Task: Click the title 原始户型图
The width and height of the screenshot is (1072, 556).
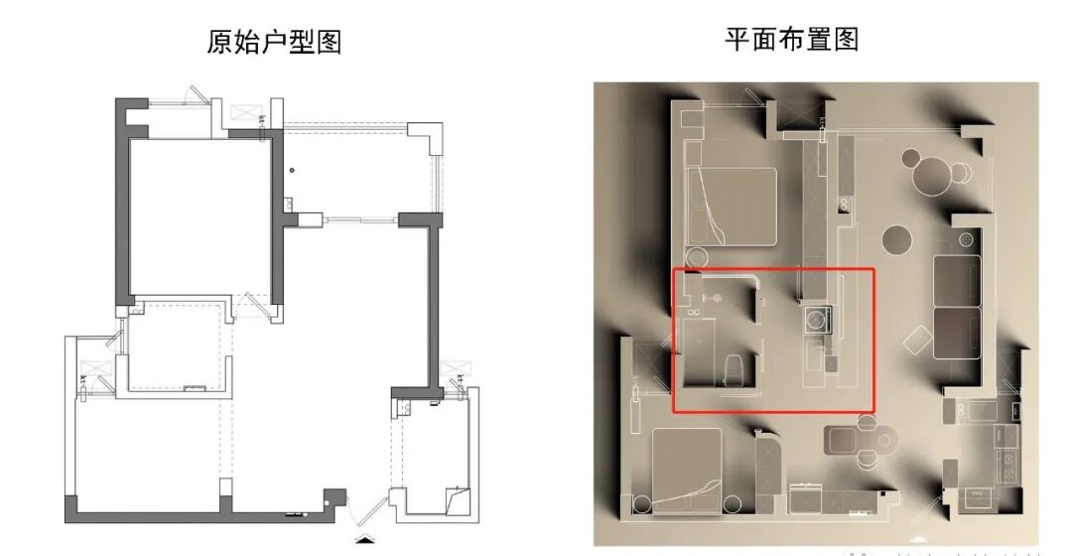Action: pos(274,42)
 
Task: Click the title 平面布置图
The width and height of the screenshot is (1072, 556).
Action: pos(791,39)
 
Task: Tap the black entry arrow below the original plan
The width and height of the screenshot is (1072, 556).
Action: pos(366,541)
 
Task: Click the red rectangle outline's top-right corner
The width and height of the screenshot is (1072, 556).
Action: pos(873,268)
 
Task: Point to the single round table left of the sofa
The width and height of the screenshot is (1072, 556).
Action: pos(896,239)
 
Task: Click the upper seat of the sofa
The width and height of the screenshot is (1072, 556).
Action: pos(956,280)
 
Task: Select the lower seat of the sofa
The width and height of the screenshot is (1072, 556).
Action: pos(956,333)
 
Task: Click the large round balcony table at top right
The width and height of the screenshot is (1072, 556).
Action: pos(933,177)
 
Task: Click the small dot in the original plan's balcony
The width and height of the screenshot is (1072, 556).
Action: pos(292,170)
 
